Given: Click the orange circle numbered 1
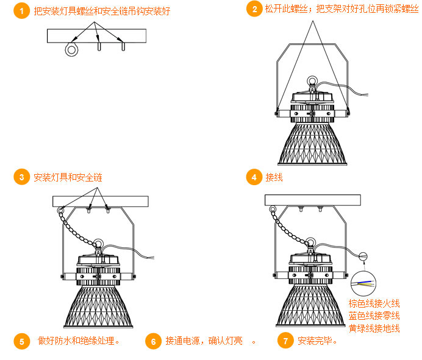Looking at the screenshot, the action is point(21,11).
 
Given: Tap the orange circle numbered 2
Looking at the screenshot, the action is point(254,9).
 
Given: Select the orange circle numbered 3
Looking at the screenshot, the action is point(21,177).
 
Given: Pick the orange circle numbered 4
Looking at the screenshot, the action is point(254,177).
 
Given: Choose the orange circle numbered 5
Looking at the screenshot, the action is point(21,341).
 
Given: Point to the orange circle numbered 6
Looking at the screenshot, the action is point(153,341).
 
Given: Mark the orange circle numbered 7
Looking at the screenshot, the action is point(285,341).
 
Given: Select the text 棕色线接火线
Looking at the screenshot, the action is point(374,303).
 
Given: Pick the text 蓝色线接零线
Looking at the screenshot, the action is point(374,316).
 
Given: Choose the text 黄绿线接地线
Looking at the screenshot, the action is point(374,328).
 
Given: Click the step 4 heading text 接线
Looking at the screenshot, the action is point(274,177).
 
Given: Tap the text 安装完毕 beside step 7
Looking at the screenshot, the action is point(315,341).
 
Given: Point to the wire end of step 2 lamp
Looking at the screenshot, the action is point(365,94).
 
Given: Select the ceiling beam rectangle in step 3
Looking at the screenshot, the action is point(101,202).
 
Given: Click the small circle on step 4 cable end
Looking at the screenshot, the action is point(363,256).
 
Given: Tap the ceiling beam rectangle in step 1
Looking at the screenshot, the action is point(96,36).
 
